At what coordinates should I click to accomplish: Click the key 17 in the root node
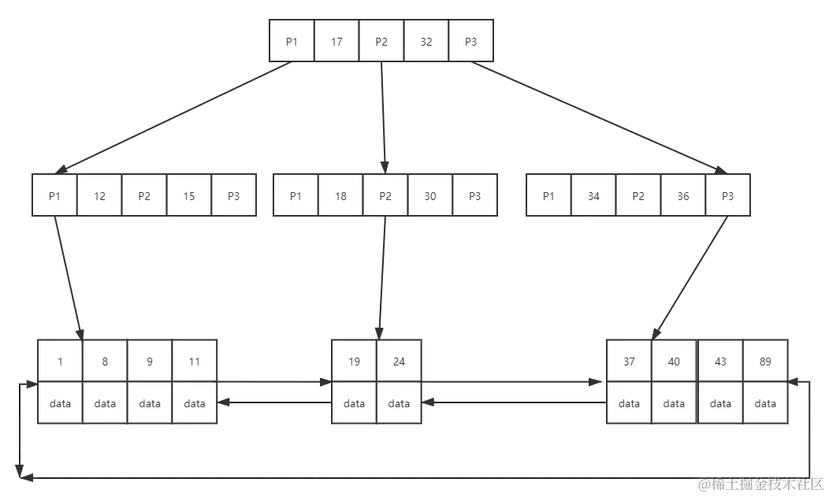pyautogui.click(x=336, y=42)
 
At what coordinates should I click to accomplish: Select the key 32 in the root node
pyautogui.click(x=426, y=42)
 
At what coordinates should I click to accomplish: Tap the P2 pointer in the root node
pyautogui.click(x=381, y=42)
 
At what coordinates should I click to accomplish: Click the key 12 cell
pyautogui.click(x=99, y=196)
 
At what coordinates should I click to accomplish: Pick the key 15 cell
pyautogui.click(x=189, y=196)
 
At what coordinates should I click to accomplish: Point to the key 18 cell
pyautogui.click(x=340, y=196)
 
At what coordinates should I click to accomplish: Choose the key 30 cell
pyautogui.click(x=430, y=196)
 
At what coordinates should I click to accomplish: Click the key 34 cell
pyautogui.click(x=593, y=196)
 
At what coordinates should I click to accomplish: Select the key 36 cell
pyautogui.click(x=683, y=196)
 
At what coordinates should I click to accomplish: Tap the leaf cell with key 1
pyautogui.click(x=60, y=362)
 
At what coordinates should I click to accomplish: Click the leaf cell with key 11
pyautogui.click(x=195, y=362)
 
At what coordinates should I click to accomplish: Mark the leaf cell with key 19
pyautogui.click(x=354, y=362)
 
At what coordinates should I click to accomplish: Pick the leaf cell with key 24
pyautogui.click(x=399, y=362)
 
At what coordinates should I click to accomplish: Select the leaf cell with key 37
pyautogui.click(x=629, y=362)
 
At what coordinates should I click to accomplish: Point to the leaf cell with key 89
pyautogui.click(x=765, y=362)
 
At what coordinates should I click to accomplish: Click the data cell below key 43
pyautogui.click(x=720, y=403)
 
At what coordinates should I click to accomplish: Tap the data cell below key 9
pyautogui.click(x=150, y=403)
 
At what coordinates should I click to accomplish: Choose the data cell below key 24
pyautogui.click(x=399, y=403)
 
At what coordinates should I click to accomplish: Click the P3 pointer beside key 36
pyautogui.click(x=727, y=196)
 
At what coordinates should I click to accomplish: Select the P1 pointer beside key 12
pyautogui.click(x=54, y=196)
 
